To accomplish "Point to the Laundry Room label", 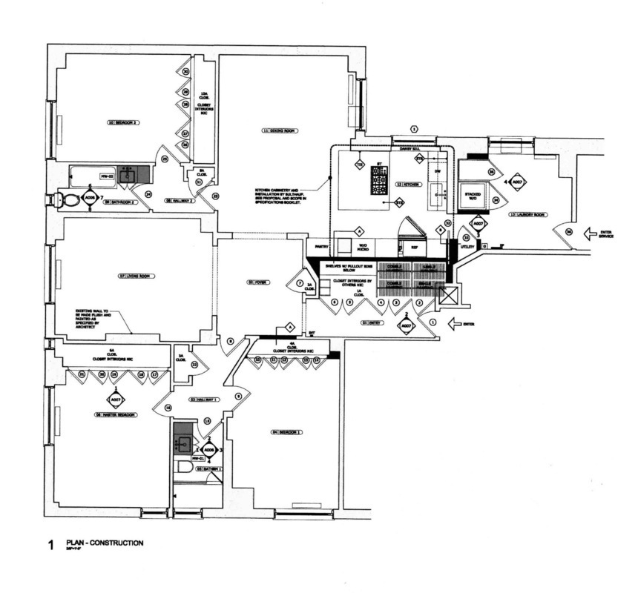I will click(527, 215).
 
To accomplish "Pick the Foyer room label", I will click(257, 282).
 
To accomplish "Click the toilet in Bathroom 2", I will click(64, 200).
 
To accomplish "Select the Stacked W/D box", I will click(473, 196).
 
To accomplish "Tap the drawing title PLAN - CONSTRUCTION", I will click(104, 543).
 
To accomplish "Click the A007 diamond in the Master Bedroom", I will click(116, 399).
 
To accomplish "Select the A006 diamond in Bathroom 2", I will click(90, 198).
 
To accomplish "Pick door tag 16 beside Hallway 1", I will click(168, 408).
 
